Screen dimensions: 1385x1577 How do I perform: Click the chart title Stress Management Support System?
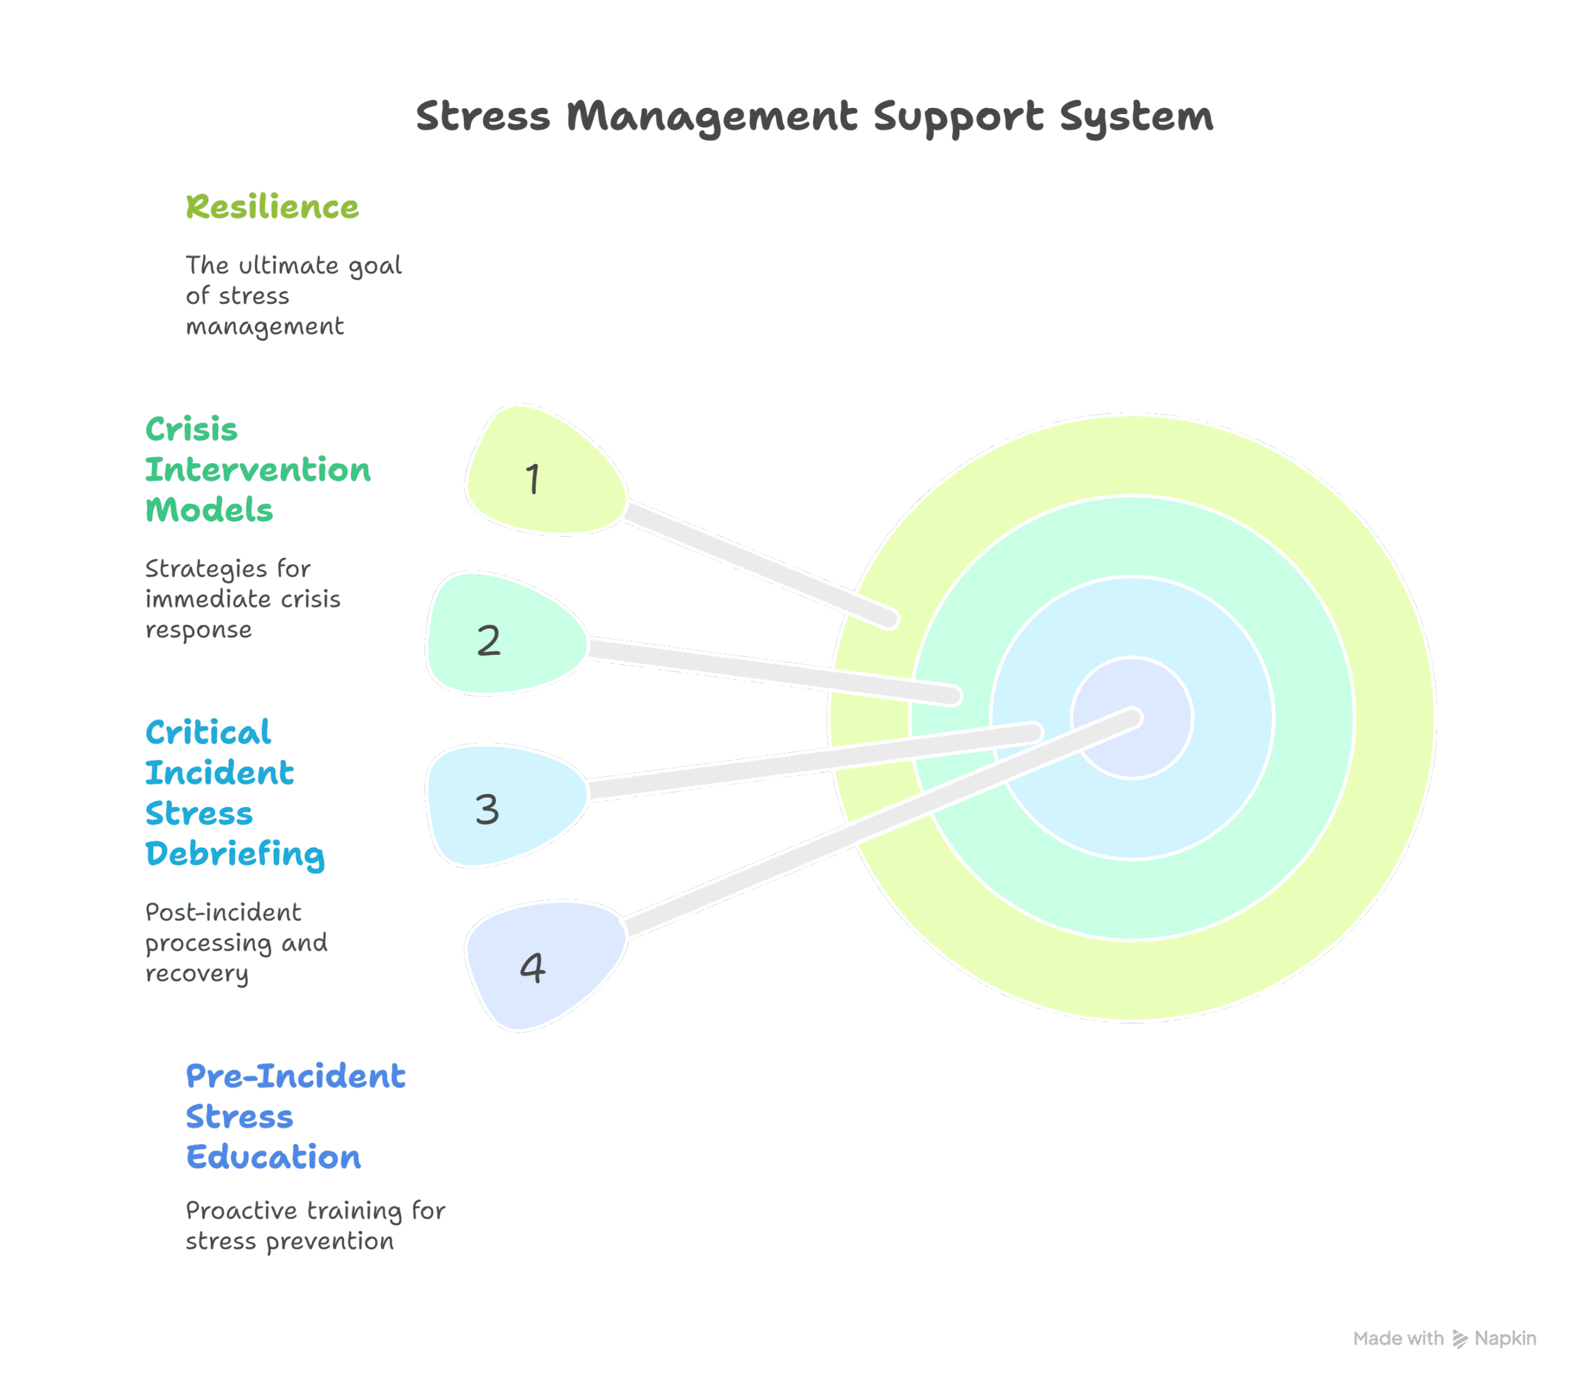pos(814,117)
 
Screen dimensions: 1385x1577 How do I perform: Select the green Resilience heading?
pos(272,207)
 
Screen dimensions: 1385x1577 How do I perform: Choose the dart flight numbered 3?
pos(501,806)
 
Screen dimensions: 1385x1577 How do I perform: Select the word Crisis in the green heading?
pos(192,430)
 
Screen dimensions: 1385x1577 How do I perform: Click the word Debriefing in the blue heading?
pos(235,854)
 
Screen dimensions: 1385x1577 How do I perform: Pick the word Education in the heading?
pos(273,1156)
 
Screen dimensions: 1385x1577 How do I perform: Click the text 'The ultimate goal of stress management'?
pos(293,296)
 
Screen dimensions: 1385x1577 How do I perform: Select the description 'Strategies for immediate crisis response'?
pos(242,599)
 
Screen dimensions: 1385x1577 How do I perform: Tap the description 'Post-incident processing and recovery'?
pos(236,943)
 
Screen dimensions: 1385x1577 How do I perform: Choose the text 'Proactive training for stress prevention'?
pos(315,1225)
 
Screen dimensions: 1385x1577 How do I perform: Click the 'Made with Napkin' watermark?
pos(1445,1338)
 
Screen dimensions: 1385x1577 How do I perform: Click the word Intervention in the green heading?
pos(257,470)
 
